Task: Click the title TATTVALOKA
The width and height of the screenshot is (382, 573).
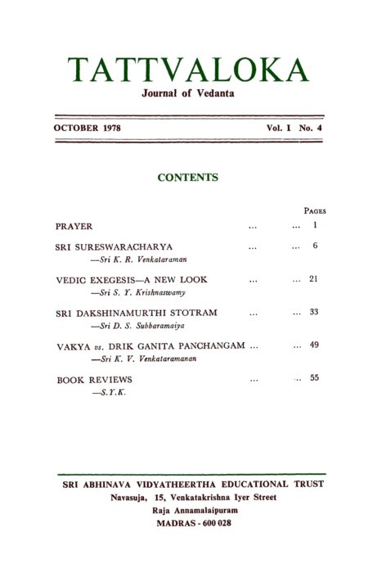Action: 189,70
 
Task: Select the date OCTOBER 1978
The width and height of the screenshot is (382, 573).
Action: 88,129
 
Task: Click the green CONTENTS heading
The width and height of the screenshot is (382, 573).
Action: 187,177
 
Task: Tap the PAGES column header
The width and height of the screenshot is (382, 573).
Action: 315,210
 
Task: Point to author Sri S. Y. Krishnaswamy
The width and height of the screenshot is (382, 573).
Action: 136,292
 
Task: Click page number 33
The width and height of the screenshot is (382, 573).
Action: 314,313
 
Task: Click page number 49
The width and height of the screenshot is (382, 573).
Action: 314,345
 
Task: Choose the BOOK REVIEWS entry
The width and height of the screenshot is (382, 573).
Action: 94,380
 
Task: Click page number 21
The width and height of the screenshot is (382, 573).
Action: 314,279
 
